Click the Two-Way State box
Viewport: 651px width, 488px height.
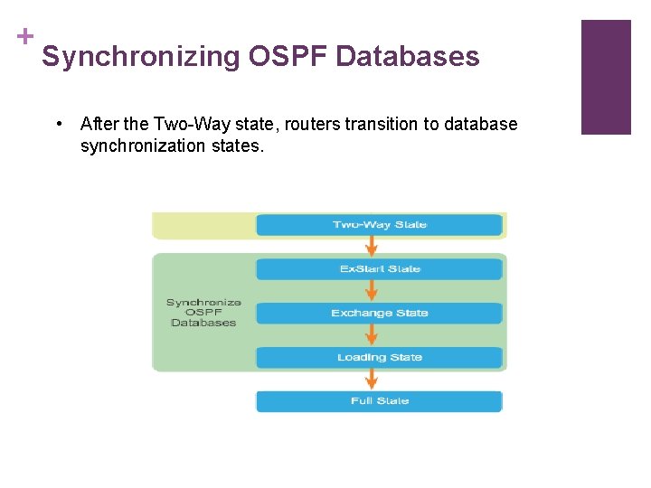tap(379, 225)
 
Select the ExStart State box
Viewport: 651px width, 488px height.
tap(379, 269)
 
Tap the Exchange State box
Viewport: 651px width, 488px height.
tap(379, 314)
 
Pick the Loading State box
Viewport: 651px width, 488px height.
tap(379, 358)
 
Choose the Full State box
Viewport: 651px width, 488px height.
tap(379, 401)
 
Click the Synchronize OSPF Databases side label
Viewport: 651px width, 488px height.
tap(203, 313)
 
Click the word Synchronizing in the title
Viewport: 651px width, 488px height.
tap(140, 57)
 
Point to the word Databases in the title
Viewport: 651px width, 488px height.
tap(408, 57)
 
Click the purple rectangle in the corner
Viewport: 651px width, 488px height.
tap(605, 77)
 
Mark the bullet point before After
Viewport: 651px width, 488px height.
tap(58, 124)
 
